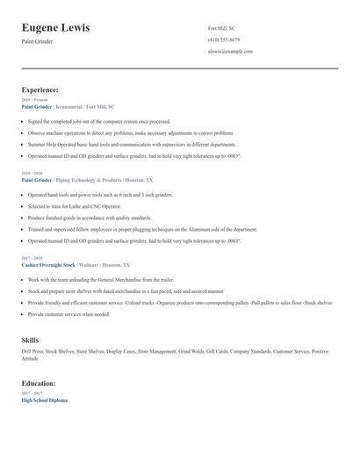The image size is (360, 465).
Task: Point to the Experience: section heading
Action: (40, 89)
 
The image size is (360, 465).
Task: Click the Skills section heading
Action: (31, 339)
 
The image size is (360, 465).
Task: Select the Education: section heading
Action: (39, 383)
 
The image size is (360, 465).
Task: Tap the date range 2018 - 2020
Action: (32, 174)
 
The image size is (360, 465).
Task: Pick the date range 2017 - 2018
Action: (32, 258)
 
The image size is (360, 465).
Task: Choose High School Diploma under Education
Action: (44, 400)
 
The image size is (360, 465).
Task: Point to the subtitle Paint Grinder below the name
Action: (37, 41)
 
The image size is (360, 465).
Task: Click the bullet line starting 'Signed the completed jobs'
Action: (98, 122)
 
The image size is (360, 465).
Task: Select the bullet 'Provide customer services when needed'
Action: (68, 313)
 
